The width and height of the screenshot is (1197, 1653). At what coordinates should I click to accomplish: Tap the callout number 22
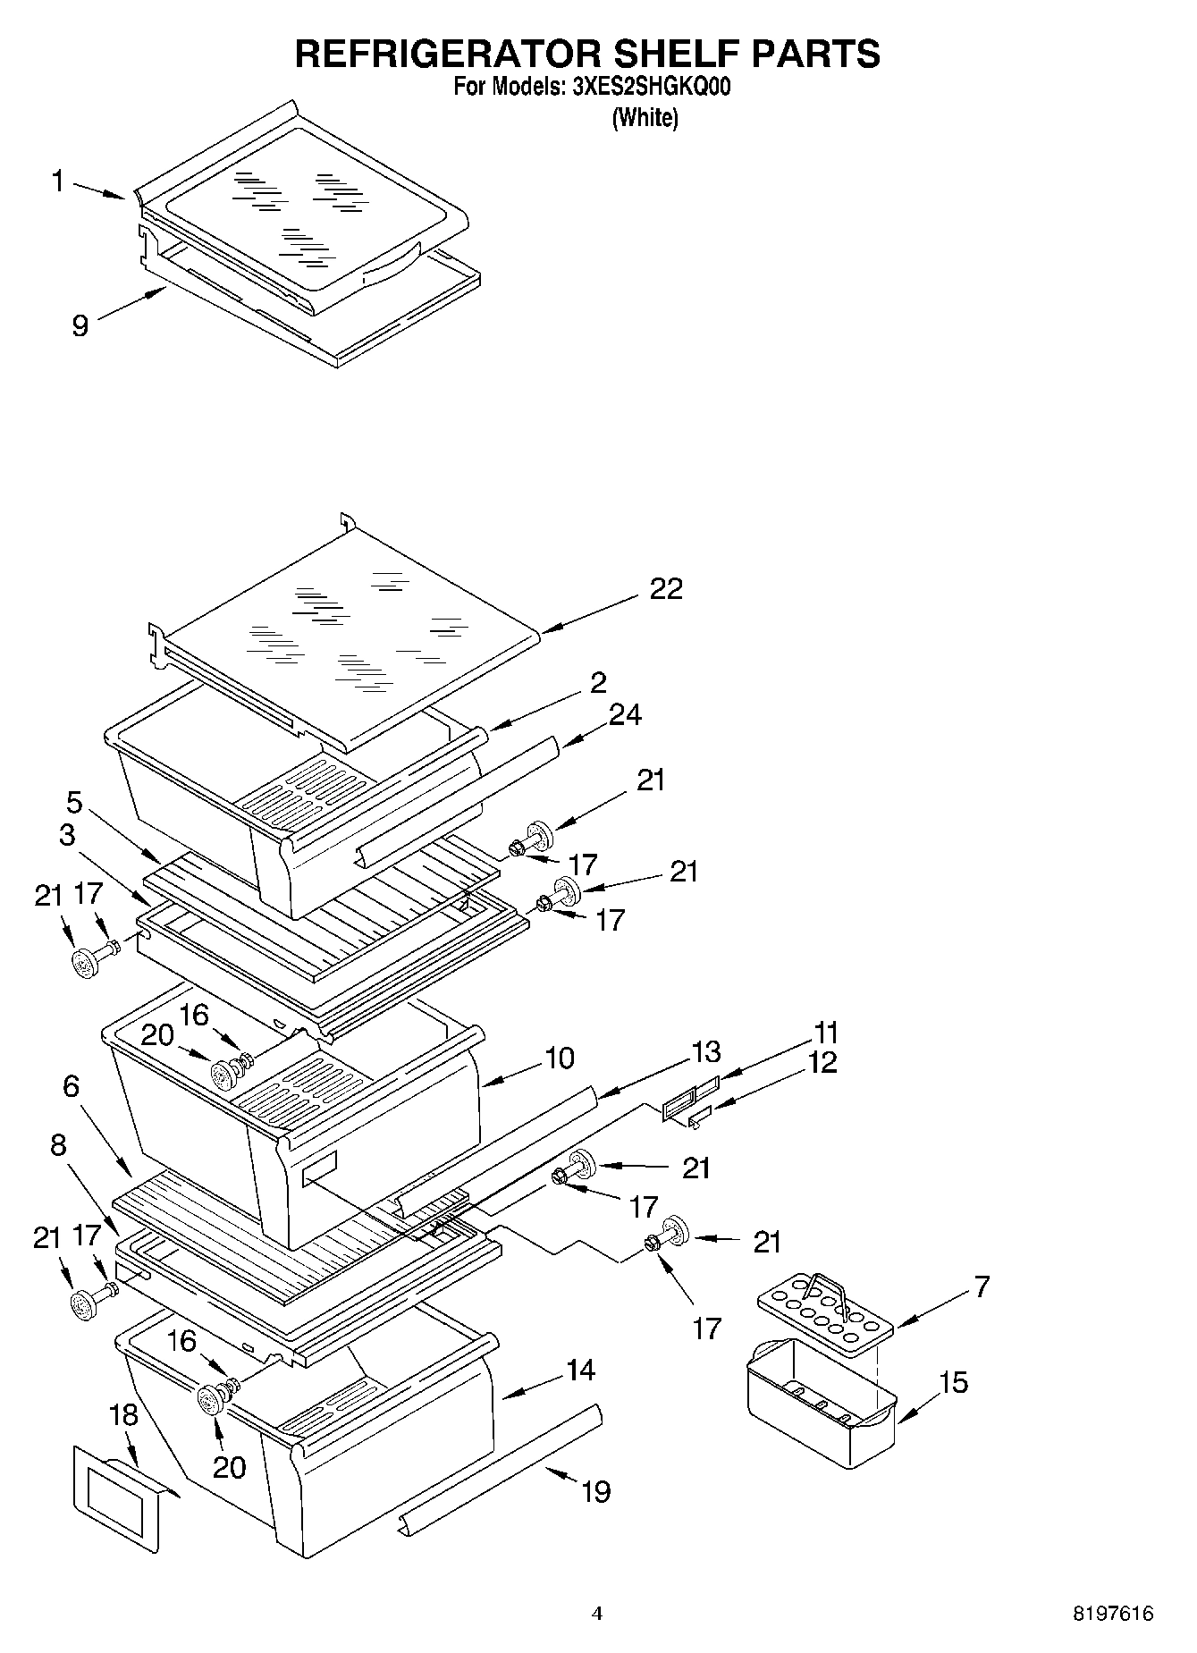[x=666, y=588]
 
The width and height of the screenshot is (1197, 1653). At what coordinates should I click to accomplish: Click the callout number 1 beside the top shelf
[x=58, y=181]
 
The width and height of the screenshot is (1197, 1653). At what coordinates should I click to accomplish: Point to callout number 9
[x=80, y=325]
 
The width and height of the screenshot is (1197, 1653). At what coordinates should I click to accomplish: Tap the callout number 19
[x=595, y=1491]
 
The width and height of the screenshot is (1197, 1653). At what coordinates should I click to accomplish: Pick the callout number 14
[x=580, y=1370]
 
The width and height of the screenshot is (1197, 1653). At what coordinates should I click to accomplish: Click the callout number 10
[x=559, y=1058]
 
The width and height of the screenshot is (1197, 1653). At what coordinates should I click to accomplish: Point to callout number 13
[x=704, y=1051]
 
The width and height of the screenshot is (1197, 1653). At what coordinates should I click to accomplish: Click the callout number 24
[x=625, y=715]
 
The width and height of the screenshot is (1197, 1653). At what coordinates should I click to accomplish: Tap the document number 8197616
[x=1113, y=1615]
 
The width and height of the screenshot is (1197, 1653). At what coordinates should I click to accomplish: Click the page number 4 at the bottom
[x=597, y=1614]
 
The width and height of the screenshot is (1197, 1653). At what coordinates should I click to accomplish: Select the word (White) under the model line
[x=645, y=118]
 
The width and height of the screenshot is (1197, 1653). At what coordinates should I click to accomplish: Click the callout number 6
[x=72, y=1087]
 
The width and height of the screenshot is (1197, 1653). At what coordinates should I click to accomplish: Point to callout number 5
[x=73, y=803]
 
